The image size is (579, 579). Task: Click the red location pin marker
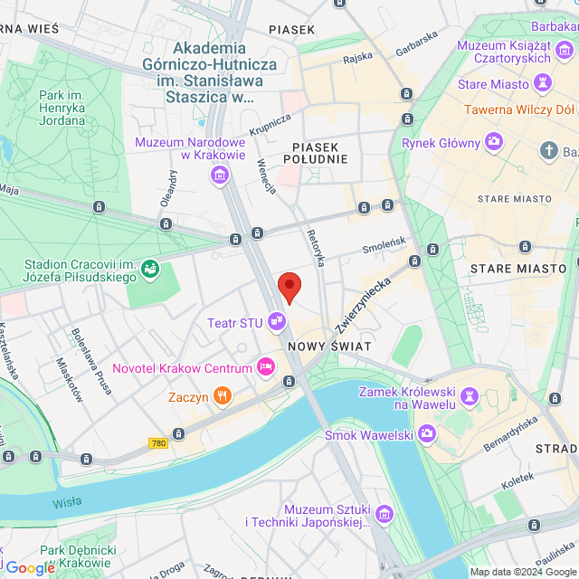(289, 287)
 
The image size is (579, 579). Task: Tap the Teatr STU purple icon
(278, 321)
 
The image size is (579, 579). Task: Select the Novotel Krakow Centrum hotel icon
(266, 367)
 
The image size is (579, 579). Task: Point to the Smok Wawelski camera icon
(426, 435)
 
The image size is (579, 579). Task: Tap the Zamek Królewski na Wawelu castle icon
(470, 397)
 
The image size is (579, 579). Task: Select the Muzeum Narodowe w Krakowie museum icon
(219, 175)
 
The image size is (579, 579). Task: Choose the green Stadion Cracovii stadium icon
(149, 269)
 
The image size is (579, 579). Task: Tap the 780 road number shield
(158, 443)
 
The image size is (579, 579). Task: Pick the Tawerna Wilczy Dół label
(519, 110)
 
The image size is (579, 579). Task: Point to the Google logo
(30, 567)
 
